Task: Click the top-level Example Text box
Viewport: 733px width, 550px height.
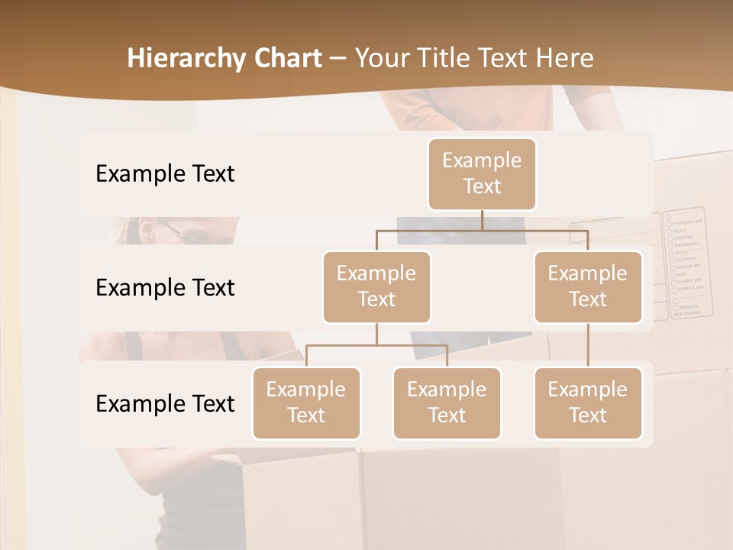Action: pyautogui.click(x=482, y=173)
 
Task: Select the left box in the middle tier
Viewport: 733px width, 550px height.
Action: pyautogui.click(x=376, y=286)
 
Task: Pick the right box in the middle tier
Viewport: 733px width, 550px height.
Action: pyautogui.click(x=588, y=286)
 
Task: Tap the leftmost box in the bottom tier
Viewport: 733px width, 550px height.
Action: pyautogui.click(x=306, y=403)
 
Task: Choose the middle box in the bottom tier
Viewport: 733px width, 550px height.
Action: pyautogui.click(x=447, y=403)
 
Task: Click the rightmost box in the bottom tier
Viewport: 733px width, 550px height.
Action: pyautogui.click(x=588, y=403)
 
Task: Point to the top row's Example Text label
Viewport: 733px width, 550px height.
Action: pyautogui.click(x=165, y=173)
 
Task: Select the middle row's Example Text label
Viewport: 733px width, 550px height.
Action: pyautogui.click(x=165, y=287)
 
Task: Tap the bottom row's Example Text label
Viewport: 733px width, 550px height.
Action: pyautogui.click(x=165, y=403)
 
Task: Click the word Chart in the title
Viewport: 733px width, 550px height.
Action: pyautogui.click(x=289, y=58)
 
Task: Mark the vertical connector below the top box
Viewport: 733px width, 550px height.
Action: pyautogui.click(x=482, y=220)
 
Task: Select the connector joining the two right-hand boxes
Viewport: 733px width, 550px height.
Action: pyautogui.click(x=588, y=345)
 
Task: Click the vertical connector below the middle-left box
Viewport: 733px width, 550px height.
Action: pyautogui.click(x=376, y=335)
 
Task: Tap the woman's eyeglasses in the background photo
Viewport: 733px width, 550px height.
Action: pyautogui.click(x=183, y=232)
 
